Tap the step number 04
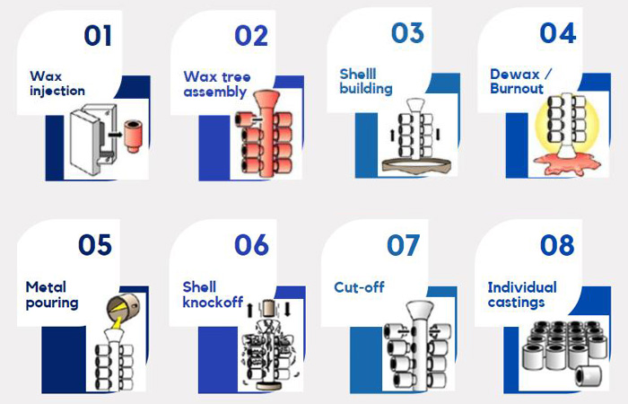tap(557, 33)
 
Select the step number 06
tap(251, 244)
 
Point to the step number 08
tap(557, 244)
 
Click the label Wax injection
tap(57, 83)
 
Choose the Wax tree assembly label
tap(215, 83)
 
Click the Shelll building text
tap(366, 81)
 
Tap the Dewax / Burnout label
tap(519, 81)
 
